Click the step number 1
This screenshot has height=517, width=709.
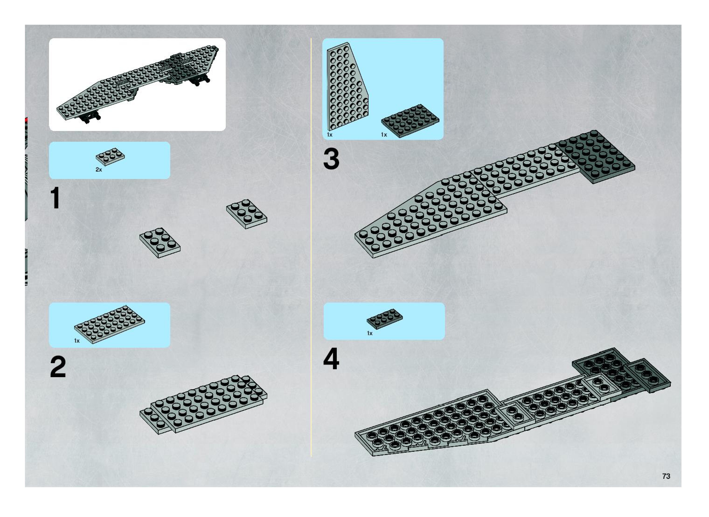pyautogui.click(x=56, y=198)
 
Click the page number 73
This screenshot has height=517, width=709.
pyautogui.click(x=666, y=476)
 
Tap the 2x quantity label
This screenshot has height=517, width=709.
pyautogui.click(x=99, y=170)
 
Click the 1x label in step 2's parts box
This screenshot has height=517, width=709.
pyautogui.click(x=77, y=341)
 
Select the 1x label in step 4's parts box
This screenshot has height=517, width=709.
pyautogui.click(x=369, y=333)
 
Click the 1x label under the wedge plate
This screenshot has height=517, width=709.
pyautogui.click(x=330, y=134)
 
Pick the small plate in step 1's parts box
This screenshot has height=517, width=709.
pyautogui.click(x=110, y=156)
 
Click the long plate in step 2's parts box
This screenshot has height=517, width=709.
pyautogui.click(x=110, y=324)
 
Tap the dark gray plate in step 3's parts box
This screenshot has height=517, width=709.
pyautogui.click(x=410, y=120)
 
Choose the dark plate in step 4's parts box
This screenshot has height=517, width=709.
pyautogui.click(x=385, y=319)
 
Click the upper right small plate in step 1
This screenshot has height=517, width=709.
pyautogui.click(x=247, y=214)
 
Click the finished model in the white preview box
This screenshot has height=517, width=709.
pyautogui.click(x=138, y=83)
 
